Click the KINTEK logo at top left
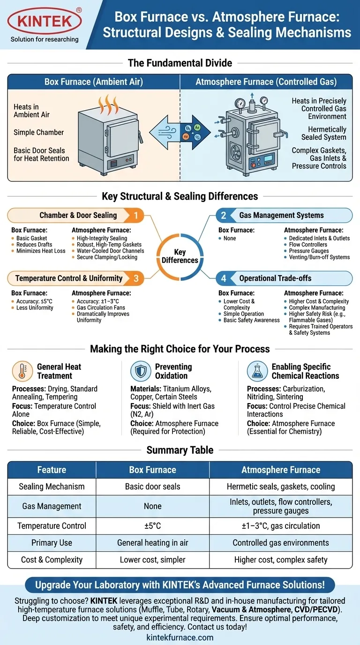[x=45, y=21]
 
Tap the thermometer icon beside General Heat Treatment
[x=22, y=371]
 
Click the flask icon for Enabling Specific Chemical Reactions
[x=257, y=371]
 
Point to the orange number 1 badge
[x=136, y=215]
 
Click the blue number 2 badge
[x=224, y=215]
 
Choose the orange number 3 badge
[x=136, y=278]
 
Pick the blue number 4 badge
[x=224, y=278]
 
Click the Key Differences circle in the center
[x=180, y=256]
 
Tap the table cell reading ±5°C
[x=152, y=526]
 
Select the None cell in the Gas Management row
[x=152, y=506]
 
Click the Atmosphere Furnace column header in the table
[x=281, y=470]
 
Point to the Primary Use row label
[x=52, y=543]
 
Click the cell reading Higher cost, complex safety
[x=281, y=560]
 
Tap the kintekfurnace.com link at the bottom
[x=180, y=637]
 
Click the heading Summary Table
[x=180, y=450]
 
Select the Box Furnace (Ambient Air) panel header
[x=94, y=82]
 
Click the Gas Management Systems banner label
[x=281, y=215]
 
